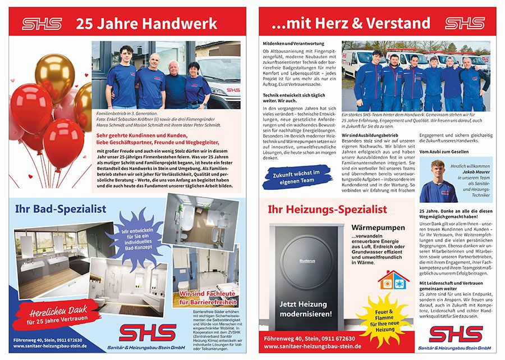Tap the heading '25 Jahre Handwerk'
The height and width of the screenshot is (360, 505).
(146, 24)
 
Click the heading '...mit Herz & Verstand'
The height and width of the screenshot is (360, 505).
(351, 24)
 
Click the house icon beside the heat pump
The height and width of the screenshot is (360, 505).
(393, 279)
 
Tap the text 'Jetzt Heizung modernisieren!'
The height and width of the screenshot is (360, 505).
(306, 308)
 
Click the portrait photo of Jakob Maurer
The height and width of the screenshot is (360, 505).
(437, 181)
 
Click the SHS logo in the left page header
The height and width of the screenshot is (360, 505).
(42, 24)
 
